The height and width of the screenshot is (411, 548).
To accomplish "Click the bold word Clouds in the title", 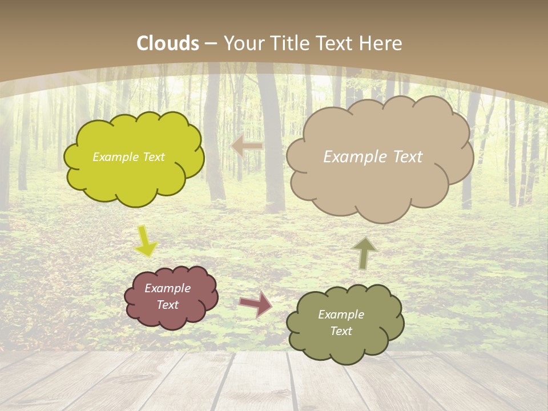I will [x=168, y=43].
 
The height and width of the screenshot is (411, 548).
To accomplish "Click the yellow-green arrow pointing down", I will [x=145, y=241].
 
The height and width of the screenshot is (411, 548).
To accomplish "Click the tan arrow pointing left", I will [x=247, y=146].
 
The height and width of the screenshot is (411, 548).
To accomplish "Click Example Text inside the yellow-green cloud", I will [x=128, y=157].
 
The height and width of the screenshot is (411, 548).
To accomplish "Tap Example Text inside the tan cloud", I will [x=373, y=157].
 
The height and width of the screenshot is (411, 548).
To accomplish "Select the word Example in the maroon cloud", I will [x=167, y=288].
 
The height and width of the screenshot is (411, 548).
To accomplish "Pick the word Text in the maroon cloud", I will [x=167, y=305].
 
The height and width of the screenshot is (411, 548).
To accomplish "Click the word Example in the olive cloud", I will [x=341, y=315].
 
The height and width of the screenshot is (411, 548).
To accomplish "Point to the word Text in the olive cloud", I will [x=341, y=331].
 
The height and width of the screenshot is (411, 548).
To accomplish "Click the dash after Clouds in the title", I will [x=210, y=44].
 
